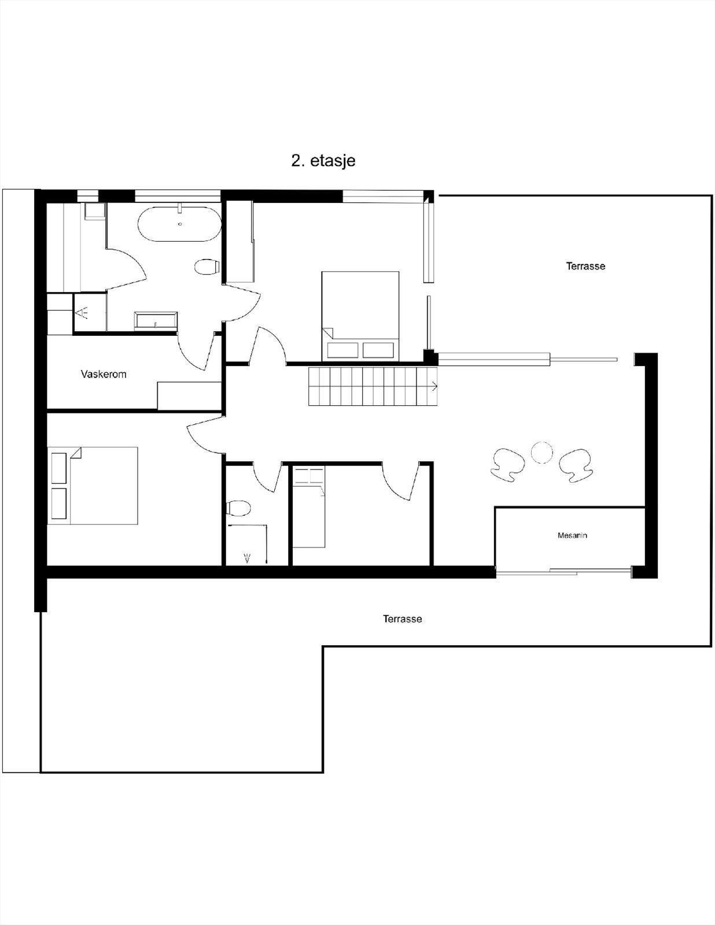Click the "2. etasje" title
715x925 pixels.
click(323, 161)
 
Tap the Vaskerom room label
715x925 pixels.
click(104, 374)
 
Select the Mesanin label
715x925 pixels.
click(572, 535)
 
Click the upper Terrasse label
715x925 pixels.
click(585, 266)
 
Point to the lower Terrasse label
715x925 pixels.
click(403, 619)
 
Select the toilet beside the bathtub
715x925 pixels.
click(207, 267)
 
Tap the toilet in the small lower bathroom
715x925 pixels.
click(238, 508)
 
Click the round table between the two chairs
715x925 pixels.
click(541, 453)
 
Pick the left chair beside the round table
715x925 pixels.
click(507, 465)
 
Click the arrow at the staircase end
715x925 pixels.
click(433, 387)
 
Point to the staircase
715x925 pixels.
click(373, 386)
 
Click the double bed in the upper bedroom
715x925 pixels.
click(360, 316)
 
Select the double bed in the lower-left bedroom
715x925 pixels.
click(93, 486)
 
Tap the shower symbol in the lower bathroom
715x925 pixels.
click(248, 558)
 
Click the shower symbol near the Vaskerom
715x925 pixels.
click(82, 313)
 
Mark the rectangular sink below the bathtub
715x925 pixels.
click(156, 321)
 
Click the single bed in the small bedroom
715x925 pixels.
click(308, 506)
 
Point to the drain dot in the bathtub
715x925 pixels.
click(180, 224)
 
